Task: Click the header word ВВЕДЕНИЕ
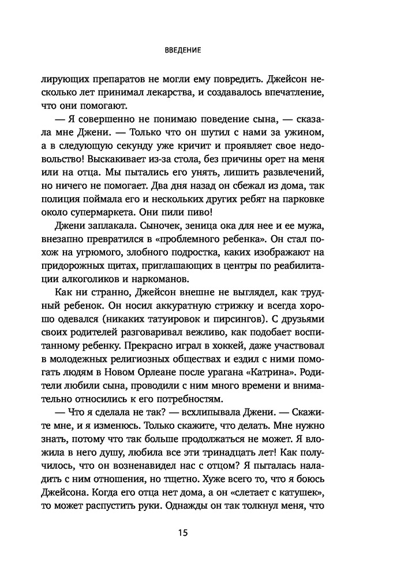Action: pyautogui.click(x=182, y=50)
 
